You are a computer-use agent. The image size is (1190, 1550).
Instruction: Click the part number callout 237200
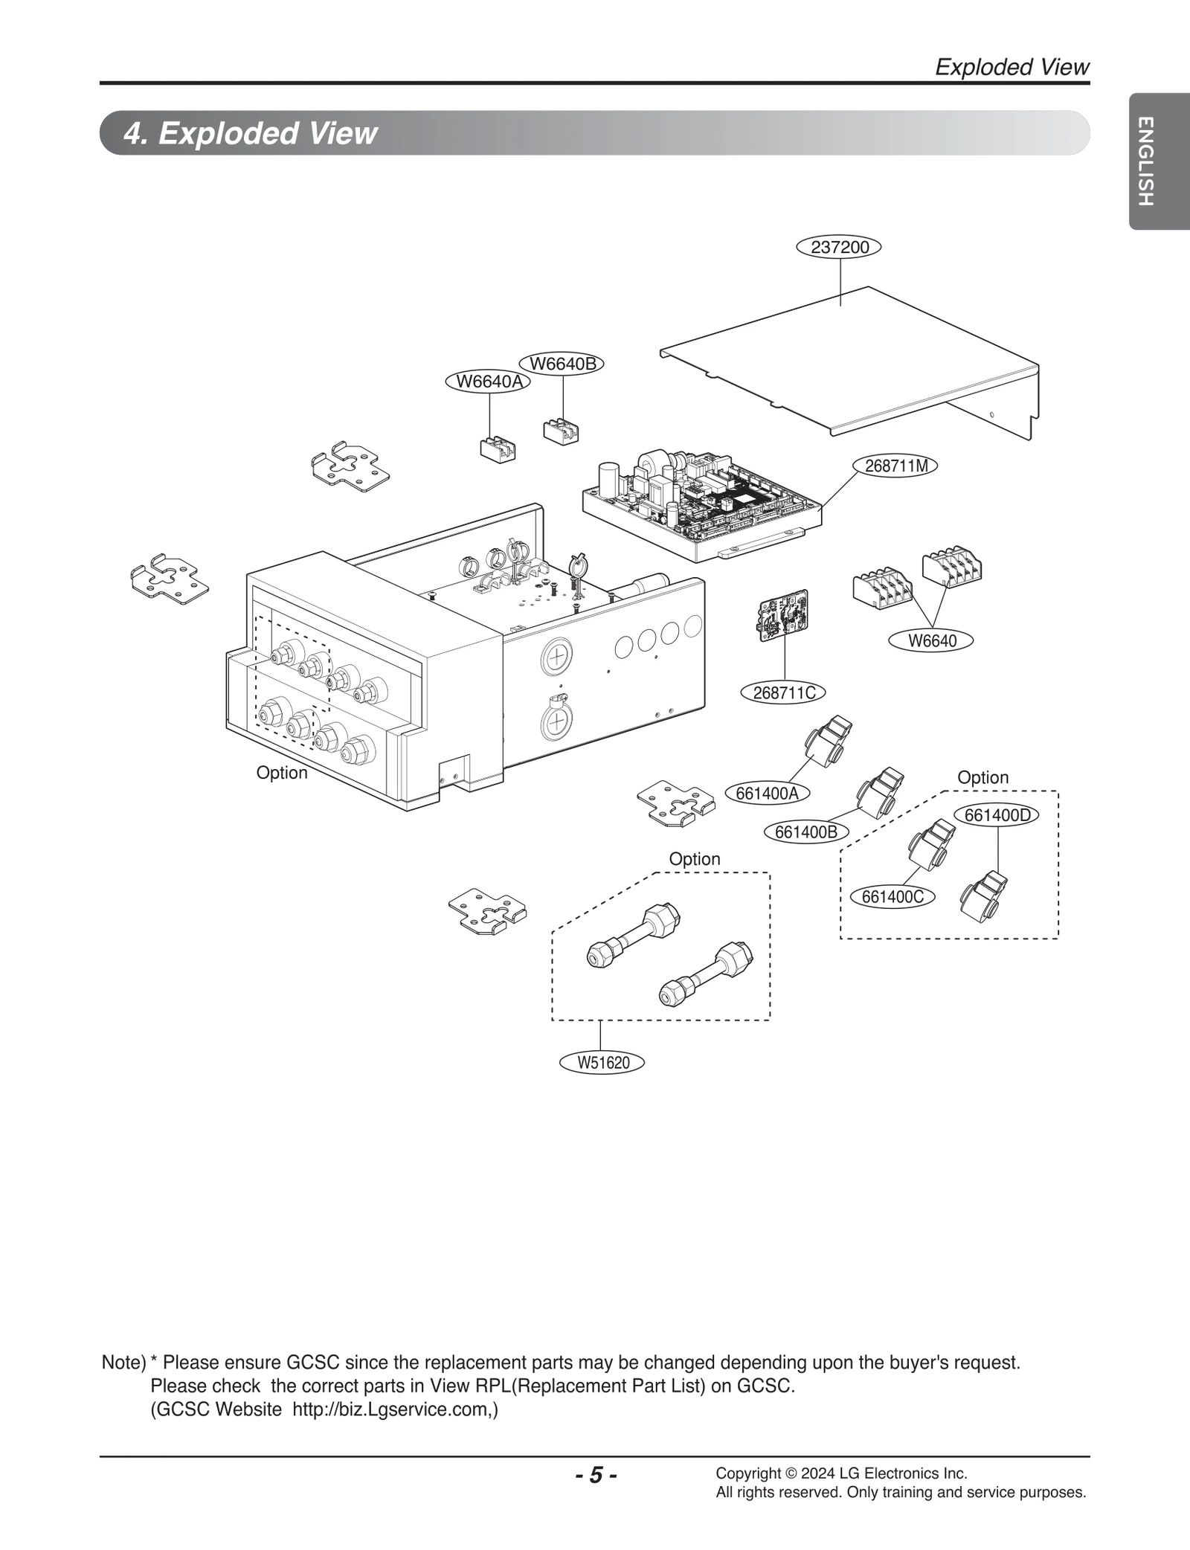point(839,247)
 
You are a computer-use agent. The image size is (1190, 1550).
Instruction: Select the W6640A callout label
point(489,382)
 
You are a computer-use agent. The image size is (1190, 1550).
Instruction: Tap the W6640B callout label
point(562,364)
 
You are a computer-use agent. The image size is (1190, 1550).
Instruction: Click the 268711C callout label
point(784,692)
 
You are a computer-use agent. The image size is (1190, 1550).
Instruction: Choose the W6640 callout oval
point(932,640)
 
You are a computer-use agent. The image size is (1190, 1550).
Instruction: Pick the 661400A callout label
point(767,793)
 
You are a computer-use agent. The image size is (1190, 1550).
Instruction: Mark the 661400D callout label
point(997,815)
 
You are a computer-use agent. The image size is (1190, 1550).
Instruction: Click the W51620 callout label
point(603,1062)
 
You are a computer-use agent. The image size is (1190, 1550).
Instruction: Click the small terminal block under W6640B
point(562,431)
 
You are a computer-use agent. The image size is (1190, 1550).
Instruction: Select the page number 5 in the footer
point(596,1475)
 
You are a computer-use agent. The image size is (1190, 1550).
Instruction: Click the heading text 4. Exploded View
point(251,133)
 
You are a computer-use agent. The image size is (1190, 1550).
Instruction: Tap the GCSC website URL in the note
point(394,1409)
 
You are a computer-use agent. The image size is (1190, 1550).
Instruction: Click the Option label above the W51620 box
point(694,859)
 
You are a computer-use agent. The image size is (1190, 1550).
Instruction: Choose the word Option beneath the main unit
point(281,773)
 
